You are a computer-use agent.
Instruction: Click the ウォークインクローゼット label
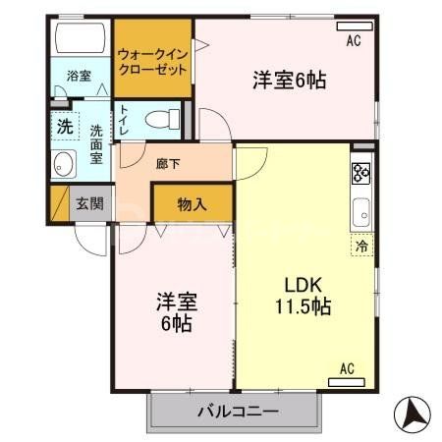click(151, 62)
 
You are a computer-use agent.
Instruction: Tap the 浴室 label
click(79, 75)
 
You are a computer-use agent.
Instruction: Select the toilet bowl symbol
click(161, 120)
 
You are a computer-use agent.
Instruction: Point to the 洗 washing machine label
click(64, 126)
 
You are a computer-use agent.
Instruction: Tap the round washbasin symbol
click(66, 164)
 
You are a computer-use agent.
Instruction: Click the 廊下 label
click(168, 164)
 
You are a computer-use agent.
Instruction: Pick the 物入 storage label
click(192, 204)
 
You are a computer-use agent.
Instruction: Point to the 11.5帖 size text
click(303, 305)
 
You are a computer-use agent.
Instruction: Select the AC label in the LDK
click(348, 368)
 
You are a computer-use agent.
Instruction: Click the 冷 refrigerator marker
click(362, 248)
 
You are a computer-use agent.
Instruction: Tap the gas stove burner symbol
click(360, 174)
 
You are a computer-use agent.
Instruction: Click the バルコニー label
click(237, 412)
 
